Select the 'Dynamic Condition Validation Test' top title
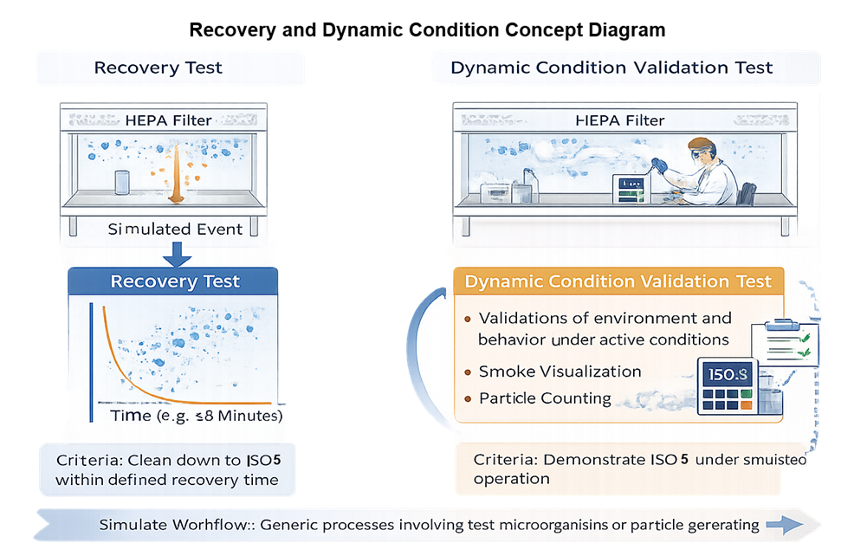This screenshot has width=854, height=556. coord(611,68)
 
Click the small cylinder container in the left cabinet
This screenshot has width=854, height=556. coord(122,184)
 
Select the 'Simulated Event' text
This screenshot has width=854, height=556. coord(175,230)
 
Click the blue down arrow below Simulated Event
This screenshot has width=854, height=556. coord(177,254)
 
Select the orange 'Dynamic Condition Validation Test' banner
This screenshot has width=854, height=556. coord(618,281)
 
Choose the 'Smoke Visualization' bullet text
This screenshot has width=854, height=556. coord(560,371)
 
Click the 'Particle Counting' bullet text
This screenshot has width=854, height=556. coord(545,398)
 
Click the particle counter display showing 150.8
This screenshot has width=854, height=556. coord(726,375)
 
